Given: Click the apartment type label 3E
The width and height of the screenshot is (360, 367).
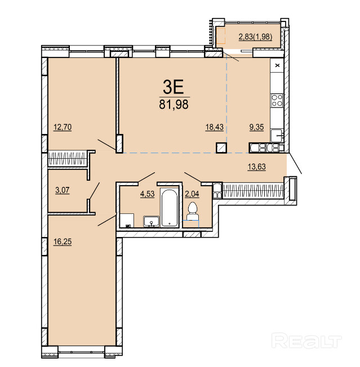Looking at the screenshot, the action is [x=174, y=87].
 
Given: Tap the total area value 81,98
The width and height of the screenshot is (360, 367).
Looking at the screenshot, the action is [x=174, y=104].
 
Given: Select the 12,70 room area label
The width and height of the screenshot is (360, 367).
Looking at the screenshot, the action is [x=63, y=127].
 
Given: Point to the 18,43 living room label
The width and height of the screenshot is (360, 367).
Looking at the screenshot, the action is [x=214, y=127].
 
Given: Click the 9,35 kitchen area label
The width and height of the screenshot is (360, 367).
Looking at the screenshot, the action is [x=256, y=127].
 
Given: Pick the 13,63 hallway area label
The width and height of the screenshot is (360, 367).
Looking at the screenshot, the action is [x=257, y=167].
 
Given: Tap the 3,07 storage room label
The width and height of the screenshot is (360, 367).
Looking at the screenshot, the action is [x=63, y=190].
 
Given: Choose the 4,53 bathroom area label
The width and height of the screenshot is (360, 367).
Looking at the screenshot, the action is [x=148, y=194].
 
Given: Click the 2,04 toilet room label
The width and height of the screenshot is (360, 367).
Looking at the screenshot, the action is [x=192, y=194].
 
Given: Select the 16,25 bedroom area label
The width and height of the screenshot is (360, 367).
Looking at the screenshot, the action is [x=63, y=241].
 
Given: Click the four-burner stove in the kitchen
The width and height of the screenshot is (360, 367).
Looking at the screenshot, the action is [x=277, y=101].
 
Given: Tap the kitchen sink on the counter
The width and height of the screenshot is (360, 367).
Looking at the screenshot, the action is [x=277, y=136].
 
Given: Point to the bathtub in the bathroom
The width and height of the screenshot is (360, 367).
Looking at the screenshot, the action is [x=170, y=208].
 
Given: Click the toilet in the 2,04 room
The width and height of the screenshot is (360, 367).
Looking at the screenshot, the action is [x=193, y=211].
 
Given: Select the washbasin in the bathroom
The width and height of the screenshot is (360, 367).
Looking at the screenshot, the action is [x=152, y=221].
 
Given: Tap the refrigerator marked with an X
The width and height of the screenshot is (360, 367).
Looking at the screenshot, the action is [x=277, y=65].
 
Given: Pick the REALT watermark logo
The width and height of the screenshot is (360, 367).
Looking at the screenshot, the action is [x=306, y=341].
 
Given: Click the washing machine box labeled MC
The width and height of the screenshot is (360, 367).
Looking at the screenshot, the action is [x=127, y=220].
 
